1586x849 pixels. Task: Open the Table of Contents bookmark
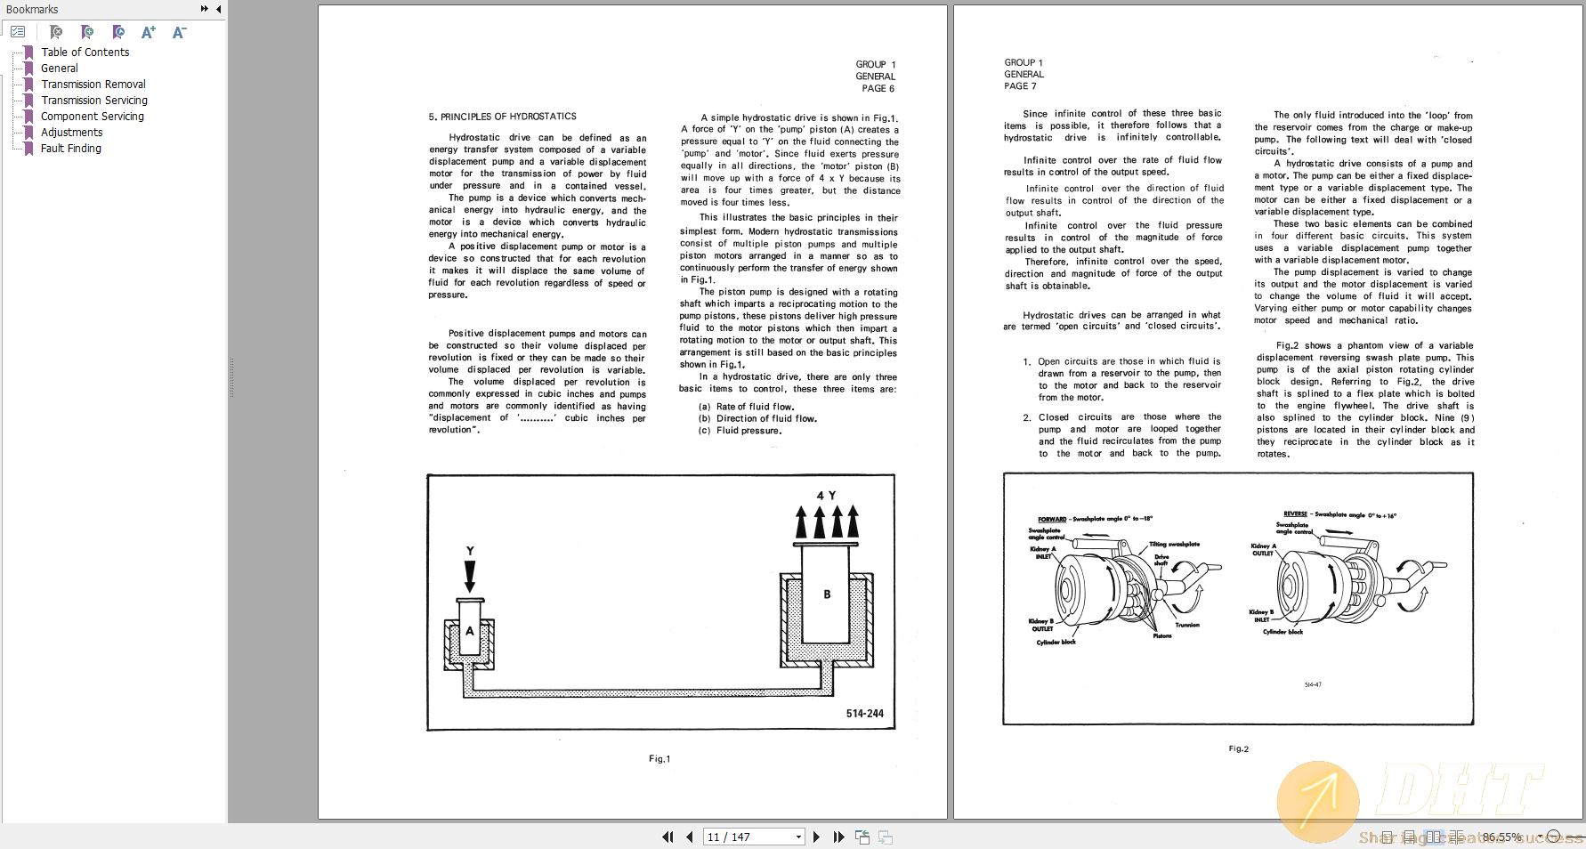85,53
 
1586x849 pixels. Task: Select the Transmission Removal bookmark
93,85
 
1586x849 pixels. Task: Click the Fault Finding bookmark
70,149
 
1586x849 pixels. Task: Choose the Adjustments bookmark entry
71,133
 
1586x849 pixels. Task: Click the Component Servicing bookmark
92,117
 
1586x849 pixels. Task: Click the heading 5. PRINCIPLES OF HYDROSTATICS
502,117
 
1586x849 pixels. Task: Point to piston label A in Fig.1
470,631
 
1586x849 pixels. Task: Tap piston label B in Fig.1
827,594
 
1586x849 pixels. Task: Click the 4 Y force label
826,496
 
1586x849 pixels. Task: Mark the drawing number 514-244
864,714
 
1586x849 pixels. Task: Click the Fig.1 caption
659,759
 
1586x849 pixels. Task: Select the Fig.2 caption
1238,749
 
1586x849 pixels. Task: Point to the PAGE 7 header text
1020,86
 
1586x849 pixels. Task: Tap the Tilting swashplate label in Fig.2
1174,545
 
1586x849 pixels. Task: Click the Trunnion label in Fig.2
1187,625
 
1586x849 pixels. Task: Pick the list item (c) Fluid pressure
740,431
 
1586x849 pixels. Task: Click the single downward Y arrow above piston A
470,575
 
